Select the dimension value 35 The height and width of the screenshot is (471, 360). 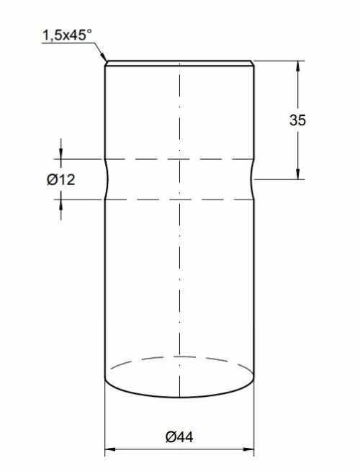298,120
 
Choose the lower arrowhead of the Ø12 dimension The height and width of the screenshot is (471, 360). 60,204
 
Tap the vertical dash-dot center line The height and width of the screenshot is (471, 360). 180,274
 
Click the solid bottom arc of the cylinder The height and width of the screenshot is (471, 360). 180,395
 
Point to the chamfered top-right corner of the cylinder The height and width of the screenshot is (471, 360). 253,63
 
